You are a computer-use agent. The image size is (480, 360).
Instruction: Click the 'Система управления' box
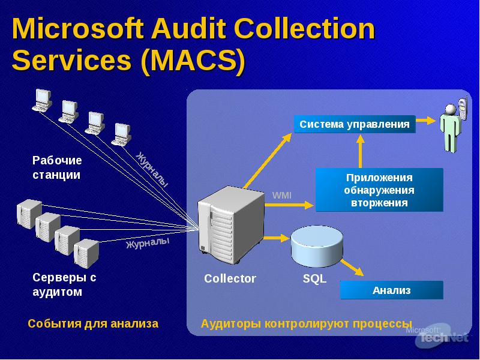pos(355,124)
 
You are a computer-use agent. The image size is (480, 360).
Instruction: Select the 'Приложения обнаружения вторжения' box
pos(379,190)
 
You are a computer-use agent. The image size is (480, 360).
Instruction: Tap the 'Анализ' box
pos(392,290)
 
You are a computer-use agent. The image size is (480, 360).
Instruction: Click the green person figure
pos(451,128)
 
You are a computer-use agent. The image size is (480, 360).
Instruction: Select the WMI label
pos(281,195)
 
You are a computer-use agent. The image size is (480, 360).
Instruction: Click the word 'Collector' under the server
pos(230,278)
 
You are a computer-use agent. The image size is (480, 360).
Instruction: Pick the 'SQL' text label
pos(314,278)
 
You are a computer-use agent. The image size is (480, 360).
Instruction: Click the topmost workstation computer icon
pos(42,100)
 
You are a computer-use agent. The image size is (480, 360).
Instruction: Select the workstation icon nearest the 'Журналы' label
pos(121,134)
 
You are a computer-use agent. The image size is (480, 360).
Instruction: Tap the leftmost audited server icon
pos(29,214)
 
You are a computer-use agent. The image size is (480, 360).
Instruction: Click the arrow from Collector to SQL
pos(277,238)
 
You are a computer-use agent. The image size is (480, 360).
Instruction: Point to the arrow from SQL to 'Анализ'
pos(352,267)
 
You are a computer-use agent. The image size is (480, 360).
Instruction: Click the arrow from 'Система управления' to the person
pos(425,121)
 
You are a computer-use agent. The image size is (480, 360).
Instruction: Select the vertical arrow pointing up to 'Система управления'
pos(361,151)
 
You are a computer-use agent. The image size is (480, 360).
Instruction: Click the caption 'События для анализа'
pos(93,323)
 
